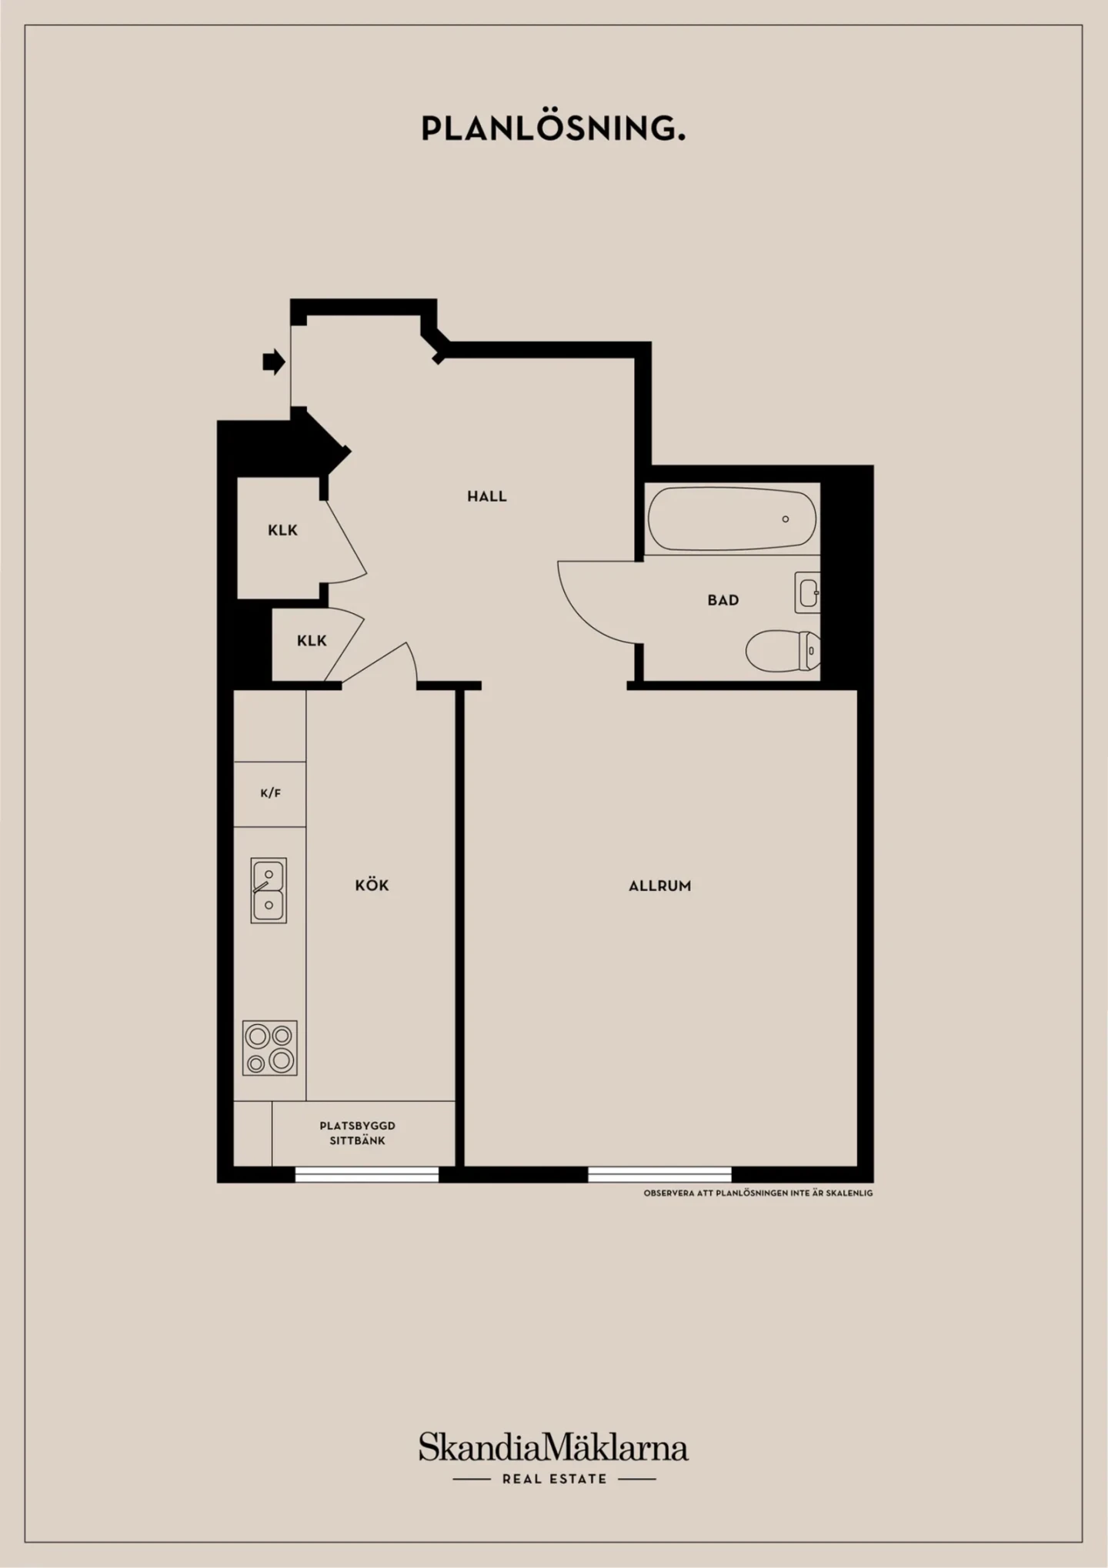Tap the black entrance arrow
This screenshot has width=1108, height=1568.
(274, 362)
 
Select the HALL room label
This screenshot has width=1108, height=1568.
(487, 496)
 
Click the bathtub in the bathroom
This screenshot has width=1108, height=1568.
(732, 519)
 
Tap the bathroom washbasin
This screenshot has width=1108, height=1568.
(807, 592)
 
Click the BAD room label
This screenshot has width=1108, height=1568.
(723, 600)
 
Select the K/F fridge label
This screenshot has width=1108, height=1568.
(270, 793)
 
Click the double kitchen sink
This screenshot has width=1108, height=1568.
(269, 890)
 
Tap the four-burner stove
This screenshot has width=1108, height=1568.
(270, 1048)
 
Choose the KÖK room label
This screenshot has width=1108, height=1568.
(372, 886)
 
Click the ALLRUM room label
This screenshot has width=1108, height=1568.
(660, 886)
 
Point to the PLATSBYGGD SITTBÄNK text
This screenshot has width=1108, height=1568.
(358, 1133)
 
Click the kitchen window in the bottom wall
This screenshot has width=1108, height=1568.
(367, 1174)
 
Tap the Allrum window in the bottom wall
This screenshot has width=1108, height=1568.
(659, 1174)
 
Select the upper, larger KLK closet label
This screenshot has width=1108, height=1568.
(282, 530)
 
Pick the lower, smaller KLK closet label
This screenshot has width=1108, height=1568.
(312, 641)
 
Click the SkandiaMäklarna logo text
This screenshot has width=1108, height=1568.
(553, 1447)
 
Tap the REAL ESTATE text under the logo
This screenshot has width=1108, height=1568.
(554, 1479)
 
